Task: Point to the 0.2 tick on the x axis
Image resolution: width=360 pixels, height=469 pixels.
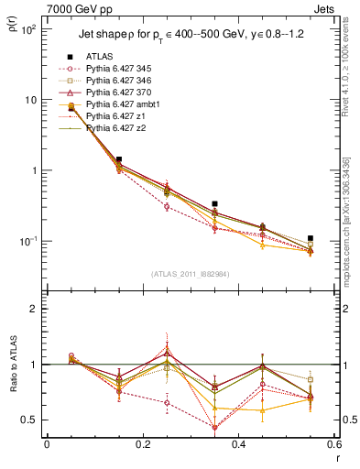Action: tap(142, 444)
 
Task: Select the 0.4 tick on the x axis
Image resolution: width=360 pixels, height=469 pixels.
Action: tap(238, 444)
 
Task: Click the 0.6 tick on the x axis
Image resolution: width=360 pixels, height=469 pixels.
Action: tap(333, 444)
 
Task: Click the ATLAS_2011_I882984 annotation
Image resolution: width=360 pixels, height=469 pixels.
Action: tap(190, 275)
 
